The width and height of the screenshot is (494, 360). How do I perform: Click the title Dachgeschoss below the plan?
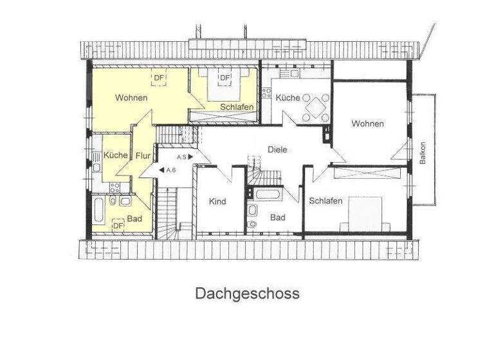pyautogui.click(x=247, y=294)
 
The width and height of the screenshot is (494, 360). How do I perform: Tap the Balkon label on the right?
pyautogui.click(x=423, y=152)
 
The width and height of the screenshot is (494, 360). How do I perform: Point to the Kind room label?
pyautogui.click(x=218, y=201)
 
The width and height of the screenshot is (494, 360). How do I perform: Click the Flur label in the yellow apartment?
pyautogui.click(x=143, y=155)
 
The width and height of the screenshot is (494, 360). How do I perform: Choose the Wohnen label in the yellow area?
pyautogui.click(x=132, y=98)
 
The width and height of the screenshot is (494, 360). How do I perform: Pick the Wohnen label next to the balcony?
pyautogui.click(x=367, y=123)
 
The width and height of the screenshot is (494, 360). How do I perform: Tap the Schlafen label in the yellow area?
pyautogui.click(x=236, y=107)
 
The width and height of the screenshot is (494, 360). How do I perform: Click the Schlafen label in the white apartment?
pyautogui.click(x=325, y=201)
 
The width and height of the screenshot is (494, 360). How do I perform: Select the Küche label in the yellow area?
pyautogui.click(x=116, y=155)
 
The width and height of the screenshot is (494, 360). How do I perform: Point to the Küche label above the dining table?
pyautogui.click(x=288, y=98)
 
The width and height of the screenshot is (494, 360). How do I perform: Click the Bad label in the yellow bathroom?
pyautogui.click(x=134, y=219)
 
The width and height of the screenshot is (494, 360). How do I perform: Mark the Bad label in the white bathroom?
pyautogui.click(x=277, y=217)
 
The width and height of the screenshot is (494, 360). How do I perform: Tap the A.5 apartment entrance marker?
pyautogui.click(x=185, y=156)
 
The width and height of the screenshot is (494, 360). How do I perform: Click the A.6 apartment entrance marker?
pyautogui.click(x=167, y=170)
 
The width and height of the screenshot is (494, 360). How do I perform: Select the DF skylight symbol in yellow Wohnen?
pyautogui.click(x=158, y=79)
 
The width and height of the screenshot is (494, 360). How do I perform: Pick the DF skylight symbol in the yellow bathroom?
pyautogui.click(x=118, y=226)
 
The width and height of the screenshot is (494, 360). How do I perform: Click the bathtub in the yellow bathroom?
pyautogui.click(x=99, y=210)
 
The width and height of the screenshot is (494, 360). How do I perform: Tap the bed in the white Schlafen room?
pyautogui.click(x=367, y=214)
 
